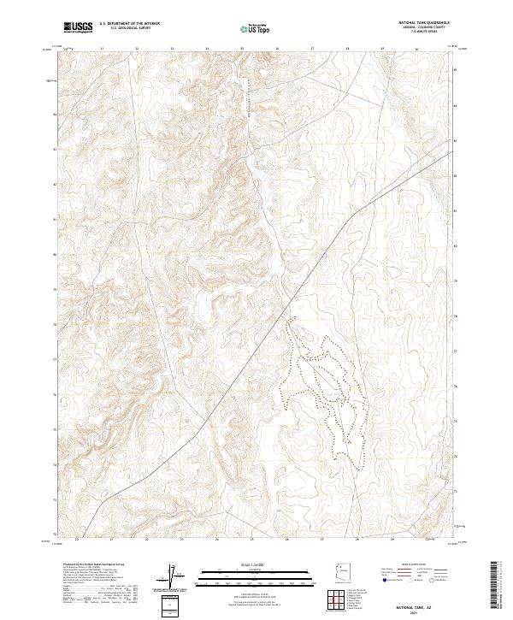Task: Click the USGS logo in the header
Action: click(x=78, y=27)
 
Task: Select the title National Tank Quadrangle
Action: click(x=423, y=24)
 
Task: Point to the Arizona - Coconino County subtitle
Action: click(x=424, y=28)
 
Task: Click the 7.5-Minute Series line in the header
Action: click(x=424, y=32)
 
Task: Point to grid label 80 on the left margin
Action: click(x=56, y=255)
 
